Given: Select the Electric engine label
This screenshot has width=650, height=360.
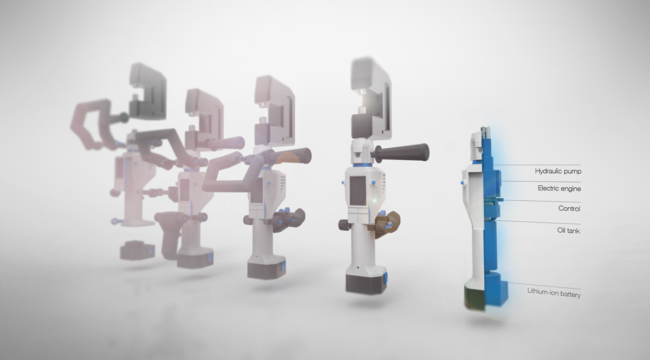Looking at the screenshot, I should (558, 188).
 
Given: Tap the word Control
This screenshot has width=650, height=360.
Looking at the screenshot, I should (569, 208).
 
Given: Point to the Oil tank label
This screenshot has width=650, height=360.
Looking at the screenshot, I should (569, 231).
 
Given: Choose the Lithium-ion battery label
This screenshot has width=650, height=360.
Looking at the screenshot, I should (554, 291).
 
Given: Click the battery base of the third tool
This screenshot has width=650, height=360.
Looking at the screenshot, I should (265, 267).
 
